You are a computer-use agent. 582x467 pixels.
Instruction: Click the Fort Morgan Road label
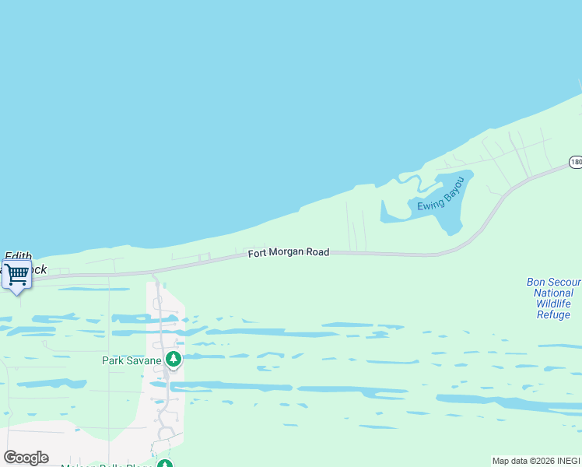pos(288,253)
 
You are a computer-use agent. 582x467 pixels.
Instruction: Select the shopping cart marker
pos(16,274)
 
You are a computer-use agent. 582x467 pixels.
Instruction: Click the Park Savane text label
pos(132,360)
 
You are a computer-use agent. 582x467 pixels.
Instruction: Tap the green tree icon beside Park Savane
pos(174,359)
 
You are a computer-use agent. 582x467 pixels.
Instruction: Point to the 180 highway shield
pos(575,162)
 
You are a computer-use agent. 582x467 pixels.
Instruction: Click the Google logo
pos(26,458)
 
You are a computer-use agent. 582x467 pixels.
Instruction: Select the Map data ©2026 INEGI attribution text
pos(535,461)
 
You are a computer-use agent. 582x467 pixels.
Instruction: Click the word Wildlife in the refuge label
pos(554,304)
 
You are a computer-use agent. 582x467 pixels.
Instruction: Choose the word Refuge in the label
pos(554,314)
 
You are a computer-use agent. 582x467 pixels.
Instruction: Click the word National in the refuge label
pos(554,293)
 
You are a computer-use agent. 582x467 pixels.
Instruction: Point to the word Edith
pos(18,255)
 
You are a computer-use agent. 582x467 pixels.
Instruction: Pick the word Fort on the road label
pos(258,254)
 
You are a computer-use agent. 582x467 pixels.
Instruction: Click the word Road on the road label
pos(317,252)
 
